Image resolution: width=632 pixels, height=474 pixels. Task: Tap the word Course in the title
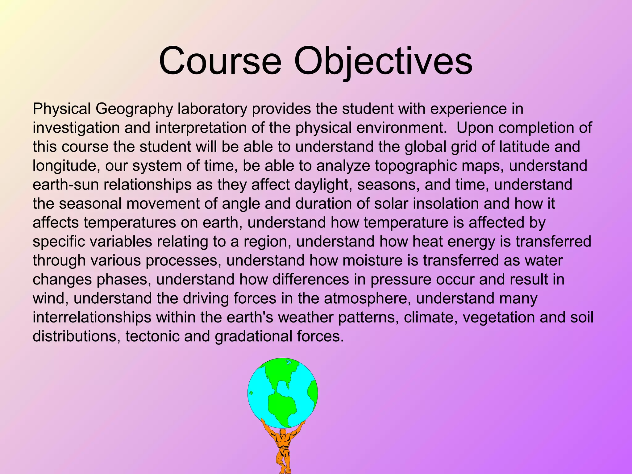pos(220,61)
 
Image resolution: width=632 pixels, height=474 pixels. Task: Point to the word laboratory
pos(212,109)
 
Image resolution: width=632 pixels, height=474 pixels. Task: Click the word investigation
pos(76,128)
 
